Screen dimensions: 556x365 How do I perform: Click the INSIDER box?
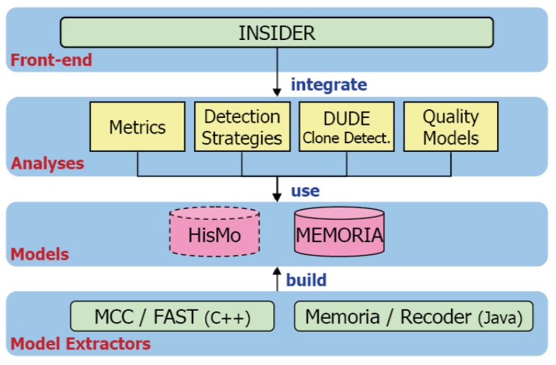coord(277,33)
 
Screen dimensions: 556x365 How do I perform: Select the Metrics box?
coord(138,127)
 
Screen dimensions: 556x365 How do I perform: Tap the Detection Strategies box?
coord(242,127)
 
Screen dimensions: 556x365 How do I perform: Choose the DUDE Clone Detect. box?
coord(346,127)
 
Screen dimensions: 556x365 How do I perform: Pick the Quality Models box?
coord(451,127)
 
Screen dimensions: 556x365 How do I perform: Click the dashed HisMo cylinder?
coord(214,231)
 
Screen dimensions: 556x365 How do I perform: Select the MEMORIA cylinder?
coord(339,231)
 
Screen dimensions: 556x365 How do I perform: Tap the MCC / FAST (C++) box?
coord(172,316)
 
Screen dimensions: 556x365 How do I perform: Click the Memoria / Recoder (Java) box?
coord(414,316)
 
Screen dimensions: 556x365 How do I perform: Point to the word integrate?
coord(329,85)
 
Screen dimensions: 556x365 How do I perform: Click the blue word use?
coord(305,191)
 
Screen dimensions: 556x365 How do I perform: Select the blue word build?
coord(306,280)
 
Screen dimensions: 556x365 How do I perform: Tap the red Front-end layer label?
coord(52,60)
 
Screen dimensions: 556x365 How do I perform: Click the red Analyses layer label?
coord(47,164)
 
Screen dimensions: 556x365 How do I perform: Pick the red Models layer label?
coord(40,254)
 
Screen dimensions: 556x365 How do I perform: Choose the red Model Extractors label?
coord(81,344)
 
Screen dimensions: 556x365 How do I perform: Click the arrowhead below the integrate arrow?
coord(277,92)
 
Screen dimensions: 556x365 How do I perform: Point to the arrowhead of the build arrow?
coord(277,271)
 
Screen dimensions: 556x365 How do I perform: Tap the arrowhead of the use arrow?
coord(277,197)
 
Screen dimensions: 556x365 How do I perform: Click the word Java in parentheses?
coord(500,318)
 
